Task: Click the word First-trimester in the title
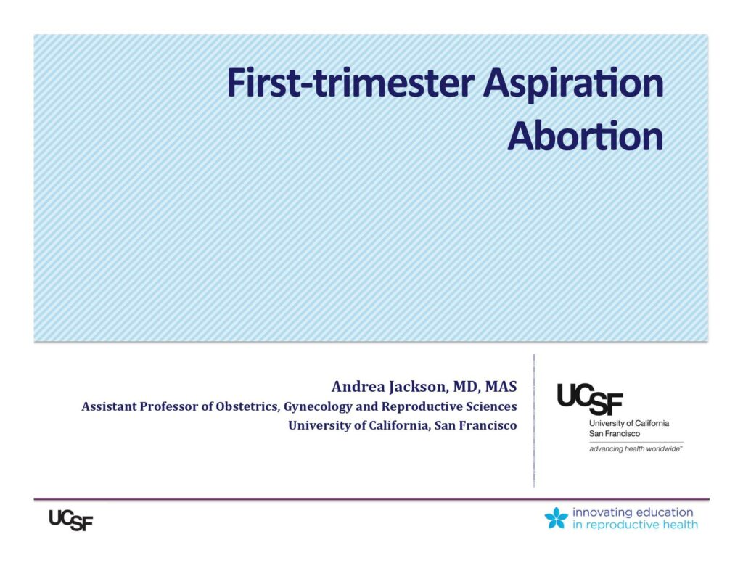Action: click(350, 83)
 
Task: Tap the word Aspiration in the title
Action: click(573, 84)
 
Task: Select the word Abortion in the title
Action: click(586, 136)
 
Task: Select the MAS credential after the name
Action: click(501, 387)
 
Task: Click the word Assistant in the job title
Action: click(109, 406)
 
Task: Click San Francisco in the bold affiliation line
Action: click(476, 426)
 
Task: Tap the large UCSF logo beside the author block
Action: click(590, 399)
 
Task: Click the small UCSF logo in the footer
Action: click(71, 520)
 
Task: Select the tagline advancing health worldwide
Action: click(636, 449)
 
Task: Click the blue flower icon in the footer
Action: click(557, 517)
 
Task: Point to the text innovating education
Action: click(633, 512)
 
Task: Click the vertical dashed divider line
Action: click(534, 420)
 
